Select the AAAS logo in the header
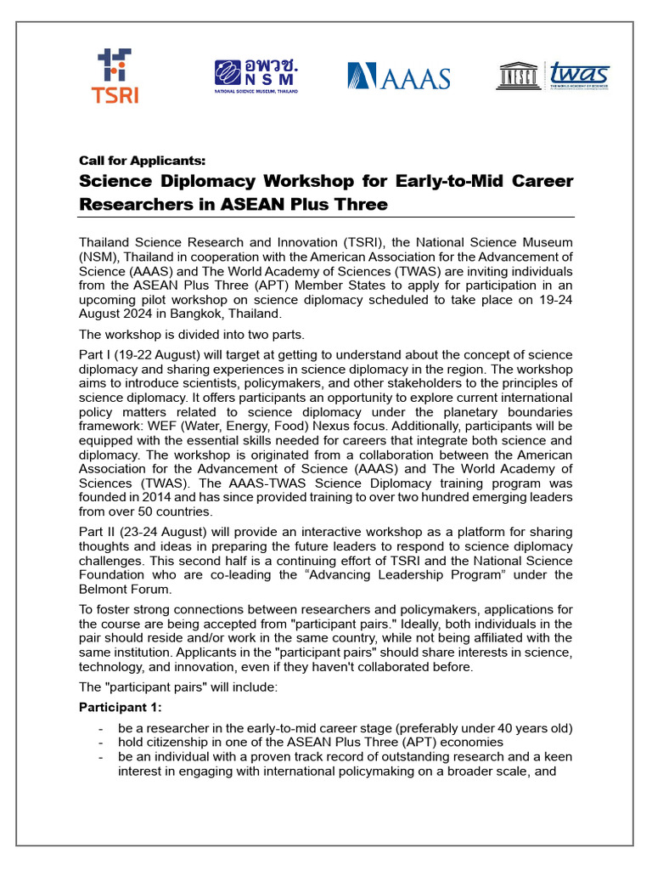tap(398, 77)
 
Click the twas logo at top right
tap(579, 76)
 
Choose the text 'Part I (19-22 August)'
tap(139, 354)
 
